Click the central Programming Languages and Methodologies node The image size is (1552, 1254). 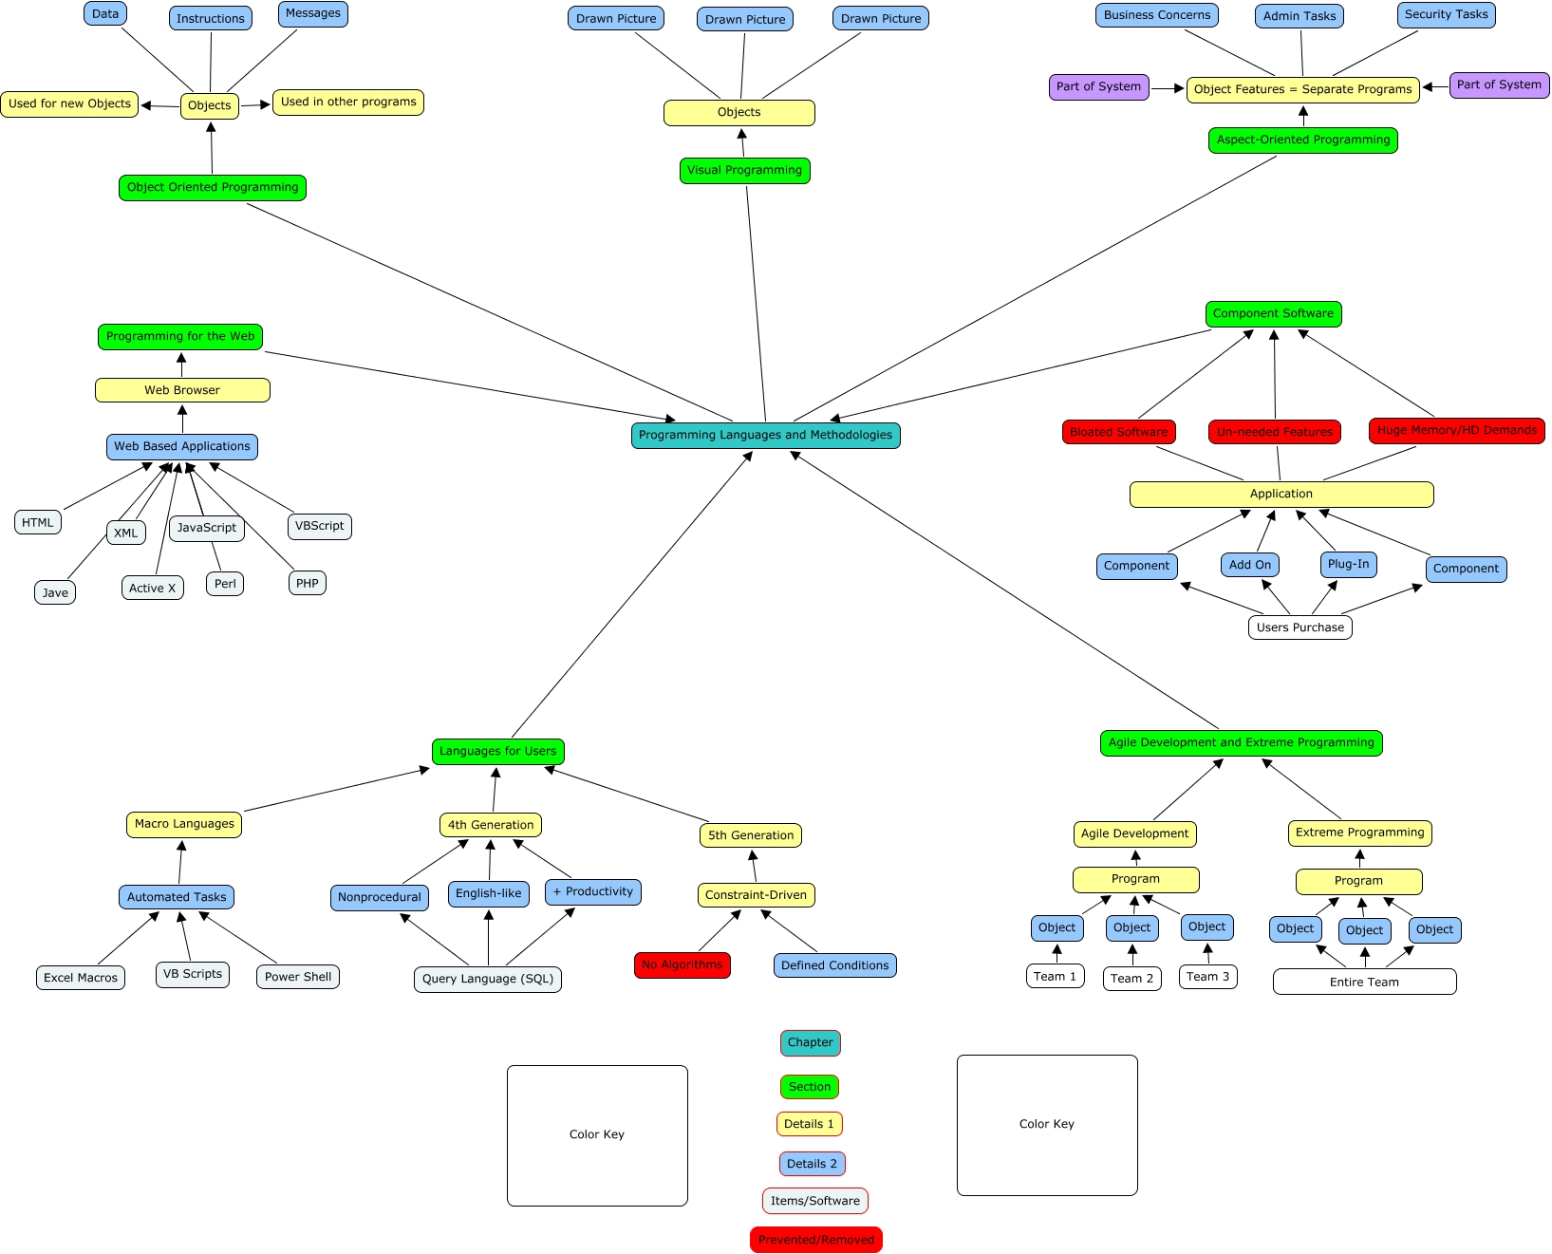pos(765,436)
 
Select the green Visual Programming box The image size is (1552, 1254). pos(744,171)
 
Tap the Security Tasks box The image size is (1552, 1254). pos(1446,15)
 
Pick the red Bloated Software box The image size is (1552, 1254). pos(1118,432)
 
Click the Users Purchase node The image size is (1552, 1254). pos(1300,627)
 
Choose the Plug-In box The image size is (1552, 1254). pos(1348,565)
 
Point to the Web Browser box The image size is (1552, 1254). pos(182,390)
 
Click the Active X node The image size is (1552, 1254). pos(152,589)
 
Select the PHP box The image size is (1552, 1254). pos(307,584)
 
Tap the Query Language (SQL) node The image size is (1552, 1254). pos(487,979)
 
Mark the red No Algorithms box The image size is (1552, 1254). pos(682,965)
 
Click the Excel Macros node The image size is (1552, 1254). pos(81,978)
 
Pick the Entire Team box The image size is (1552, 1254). pos(1364,983)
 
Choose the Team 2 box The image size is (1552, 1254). pos(1131,979)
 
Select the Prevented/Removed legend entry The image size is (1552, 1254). pos(815,1240)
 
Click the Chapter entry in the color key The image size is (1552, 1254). pos(810,1043)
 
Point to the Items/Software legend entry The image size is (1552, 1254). pos(814,1201)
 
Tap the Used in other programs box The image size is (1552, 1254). pos(347,103)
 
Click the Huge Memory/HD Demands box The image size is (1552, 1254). pos(1456,431)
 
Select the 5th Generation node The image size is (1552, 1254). pos(750,835)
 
